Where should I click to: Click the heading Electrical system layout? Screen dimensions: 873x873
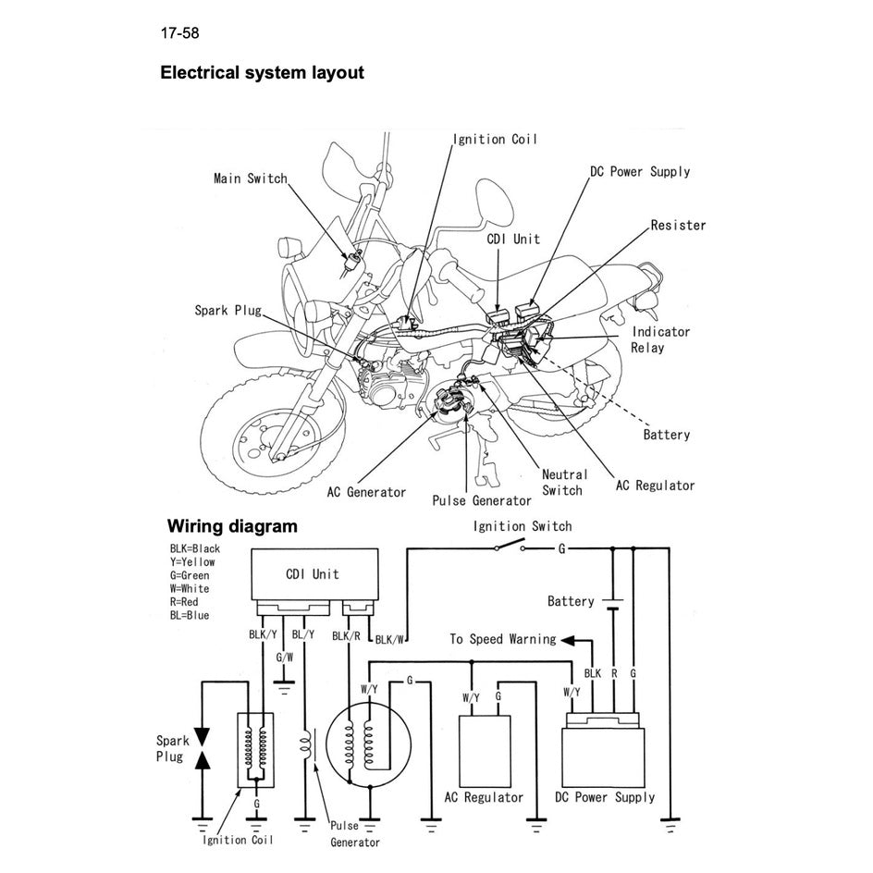[x=262, y=73]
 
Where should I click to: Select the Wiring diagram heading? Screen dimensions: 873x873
[x=232, y=527]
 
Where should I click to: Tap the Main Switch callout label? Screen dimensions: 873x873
[x=250, y=178]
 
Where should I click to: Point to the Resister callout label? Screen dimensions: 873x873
[x=677, y=226]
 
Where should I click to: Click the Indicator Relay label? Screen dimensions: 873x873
[x=659, y=339]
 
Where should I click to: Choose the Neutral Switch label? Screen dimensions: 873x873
[x=563, y=482]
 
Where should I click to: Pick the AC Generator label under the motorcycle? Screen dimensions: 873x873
[x=366, y=492]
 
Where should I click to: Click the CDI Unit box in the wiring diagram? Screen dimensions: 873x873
[x=314, y=573]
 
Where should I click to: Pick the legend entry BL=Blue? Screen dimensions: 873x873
[x=190, y=615]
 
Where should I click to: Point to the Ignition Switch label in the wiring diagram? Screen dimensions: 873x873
[x=523, y=526]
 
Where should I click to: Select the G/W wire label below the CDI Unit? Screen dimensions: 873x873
[x=285, y=658]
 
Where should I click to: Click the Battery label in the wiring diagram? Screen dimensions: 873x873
[x=571, y=602]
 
